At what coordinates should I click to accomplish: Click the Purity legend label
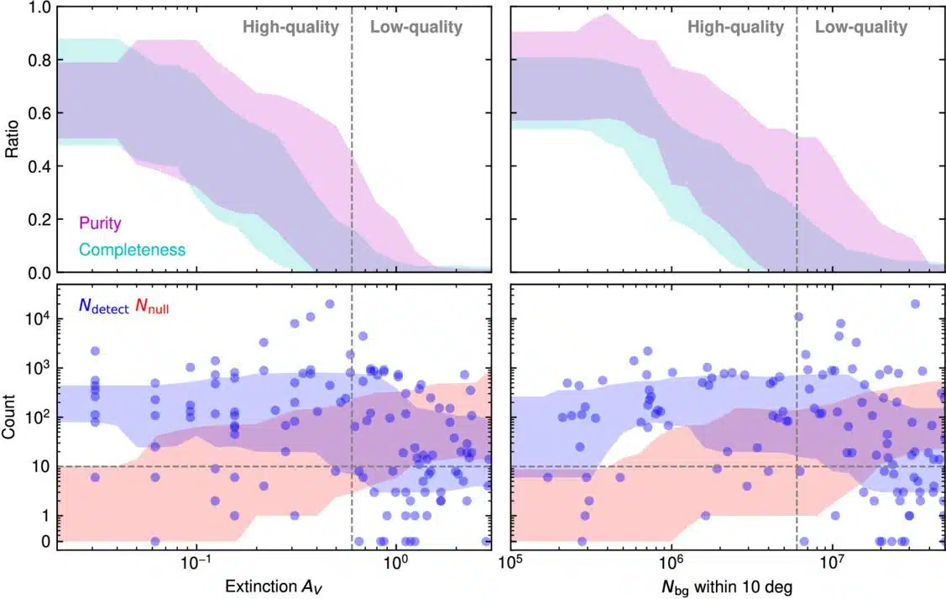point(100,223)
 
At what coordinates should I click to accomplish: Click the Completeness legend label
point(131,249)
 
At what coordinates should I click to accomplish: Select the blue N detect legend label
point(103,307)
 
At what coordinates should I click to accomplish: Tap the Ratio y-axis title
point(13,139)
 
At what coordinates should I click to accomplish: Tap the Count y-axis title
point(13,417)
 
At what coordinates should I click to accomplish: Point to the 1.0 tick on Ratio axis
point(39,8)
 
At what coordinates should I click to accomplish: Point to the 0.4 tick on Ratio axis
point(39,166)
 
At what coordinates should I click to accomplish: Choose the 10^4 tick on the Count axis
point(37,318)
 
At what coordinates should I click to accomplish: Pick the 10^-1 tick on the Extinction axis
point(196,562)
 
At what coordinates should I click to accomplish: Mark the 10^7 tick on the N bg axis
point(831,562)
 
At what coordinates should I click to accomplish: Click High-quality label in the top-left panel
point(290,27)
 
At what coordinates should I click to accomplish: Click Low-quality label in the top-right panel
point(861,27)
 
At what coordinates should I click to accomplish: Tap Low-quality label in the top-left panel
point(416,27)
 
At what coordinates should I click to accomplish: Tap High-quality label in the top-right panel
point(735,27)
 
